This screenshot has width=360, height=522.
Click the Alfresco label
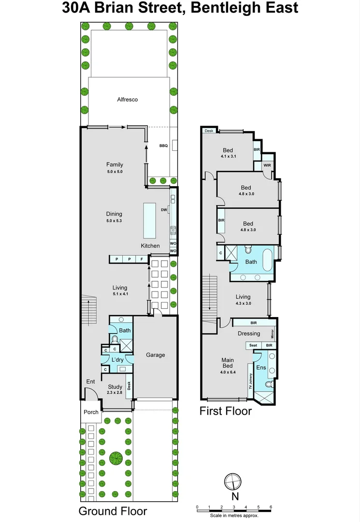tap(128, 100)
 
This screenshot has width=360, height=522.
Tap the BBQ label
tap(163, 145)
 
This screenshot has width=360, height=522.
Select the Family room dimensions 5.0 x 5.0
tap(115, 172)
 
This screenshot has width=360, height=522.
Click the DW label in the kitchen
tap(164, 210)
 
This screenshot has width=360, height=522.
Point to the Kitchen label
tap(150, 246)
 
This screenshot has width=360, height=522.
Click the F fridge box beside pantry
tap(142, 260)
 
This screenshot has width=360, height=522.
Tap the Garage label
tap(156, 355)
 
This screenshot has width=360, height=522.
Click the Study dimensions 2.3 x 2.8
tap(115, 392)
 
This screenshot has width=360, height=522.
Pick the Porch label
tap(91, 412)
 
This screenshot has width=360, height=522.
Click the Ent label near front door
tap(91, 382)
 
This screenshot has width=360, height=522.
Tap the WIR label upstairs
tap(267, 165)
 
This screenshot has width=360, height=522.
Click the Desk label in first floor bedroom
tap(209, 131)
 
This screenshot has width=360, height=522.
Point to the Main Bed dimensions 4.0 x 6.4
tap(228, 373)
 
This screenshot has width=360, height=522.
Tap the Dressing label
tap(249, 333)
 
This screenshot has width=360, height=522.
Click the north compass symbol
tap(233, 481)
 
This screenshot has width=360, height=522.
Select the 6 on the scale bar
tap(271, 507)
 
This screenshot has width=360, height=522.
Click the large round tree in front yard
tap(115, 457)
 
